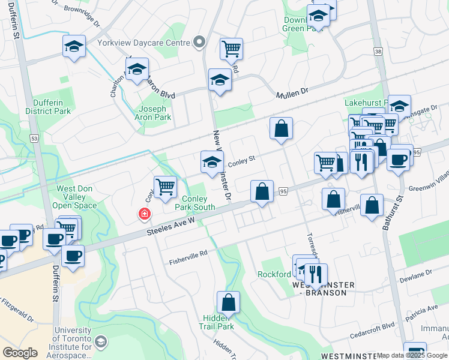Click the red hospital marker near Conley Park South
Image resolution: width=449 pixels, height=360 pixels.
[x=144, y=213]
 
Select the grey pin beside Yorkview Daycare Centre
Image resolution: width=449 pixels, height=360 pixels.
[x=200, y=43]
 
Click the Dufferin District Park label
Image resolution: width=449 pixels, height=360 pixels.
[x=48, y=106]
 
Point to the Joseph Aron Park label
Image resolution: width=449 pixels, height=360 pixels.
[x=155, y=113]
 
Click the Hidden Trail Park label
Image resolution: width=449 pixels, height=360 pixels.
[x=217, y=322]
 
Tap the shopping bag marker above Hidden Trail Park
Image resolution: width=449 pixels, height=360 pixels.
[x=228, y=302]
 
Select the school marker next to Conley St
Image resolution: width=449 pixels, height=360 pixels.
[x=211, y=163]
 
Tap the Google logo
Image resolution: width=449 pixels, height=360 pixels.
[x=20, y=353]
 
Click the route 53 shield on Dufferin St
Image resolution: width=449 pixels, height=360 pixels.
[x=34, y=139]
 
